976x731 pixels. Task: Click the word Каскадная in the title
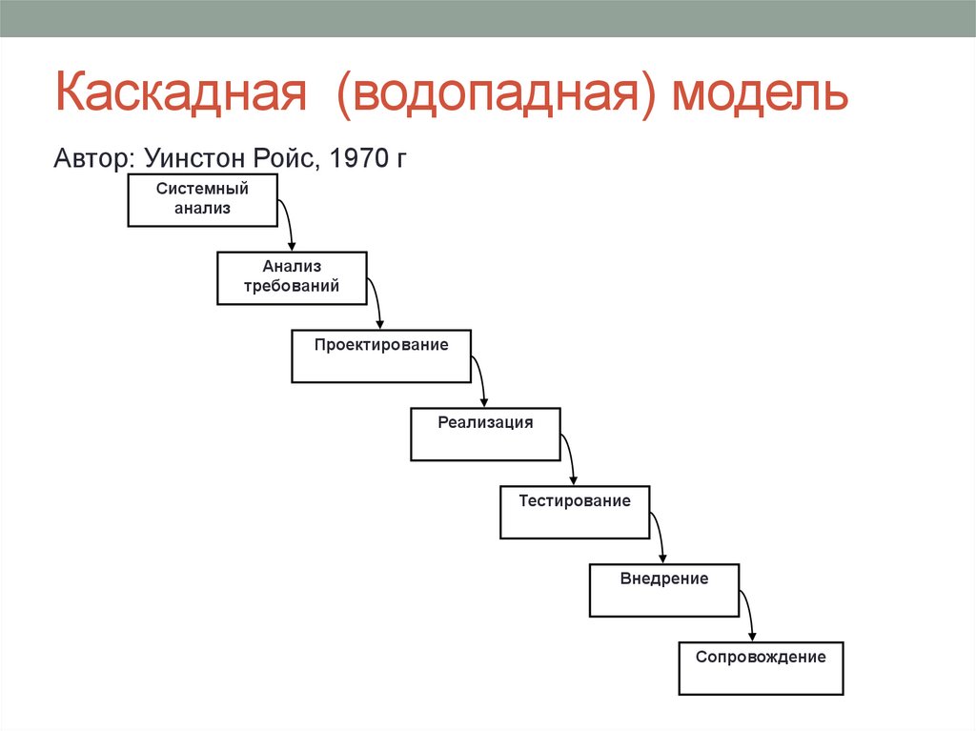point(178,97)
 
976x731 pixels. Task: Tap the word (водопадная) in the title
point(495,97)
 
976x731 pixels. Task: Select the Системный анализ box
point(202,200)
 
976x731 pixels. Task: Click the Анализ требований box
point(292,277)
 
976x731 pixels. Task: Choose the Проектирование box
point(381,355)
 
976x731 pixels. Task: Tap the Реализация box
point(485,434)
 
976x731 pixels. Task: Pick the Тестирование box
point(575,512)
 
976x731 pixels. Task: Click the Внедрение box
point(664,590)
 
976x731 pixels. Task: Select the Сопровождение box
point(761,667)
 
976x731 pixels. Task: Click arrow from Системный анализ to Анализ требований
point(289,226)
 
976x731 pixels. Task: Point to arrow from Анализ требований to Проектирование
point(378,304)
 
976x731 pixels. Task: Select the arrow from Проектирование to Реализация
point(482,382)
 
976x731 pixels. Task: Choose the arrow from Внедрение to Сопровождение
point(750,617)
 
